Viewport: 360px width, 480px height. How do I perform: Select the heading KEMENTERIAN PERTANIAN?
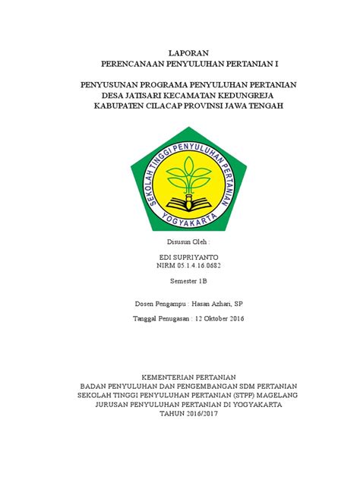[x=180, y=377]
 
